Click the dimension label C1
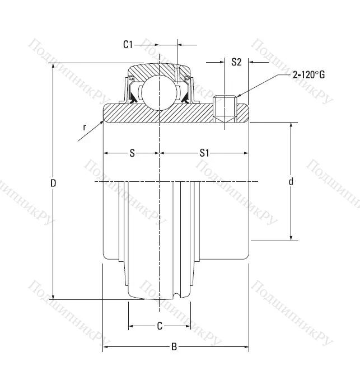128,45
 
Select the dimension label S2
236,62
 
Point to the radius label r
84,127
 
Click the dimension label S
132,153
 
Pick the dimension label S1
204,153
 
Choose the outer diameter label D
53,182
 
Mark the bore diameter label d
291,181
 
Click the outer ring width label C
159,325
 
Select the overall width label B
174,347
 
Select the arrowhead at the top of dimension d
291,125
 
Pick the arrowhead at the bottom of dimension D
53,296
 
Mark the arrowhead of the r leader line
102,120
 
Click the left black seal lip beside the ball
133,99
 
